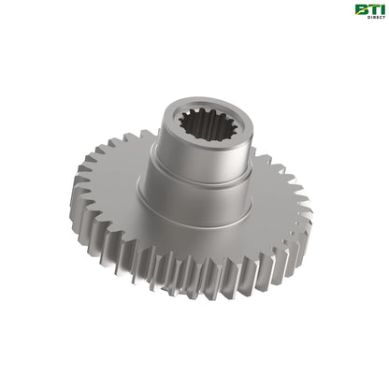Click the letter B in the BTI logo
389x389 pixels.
coord(360,9)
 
